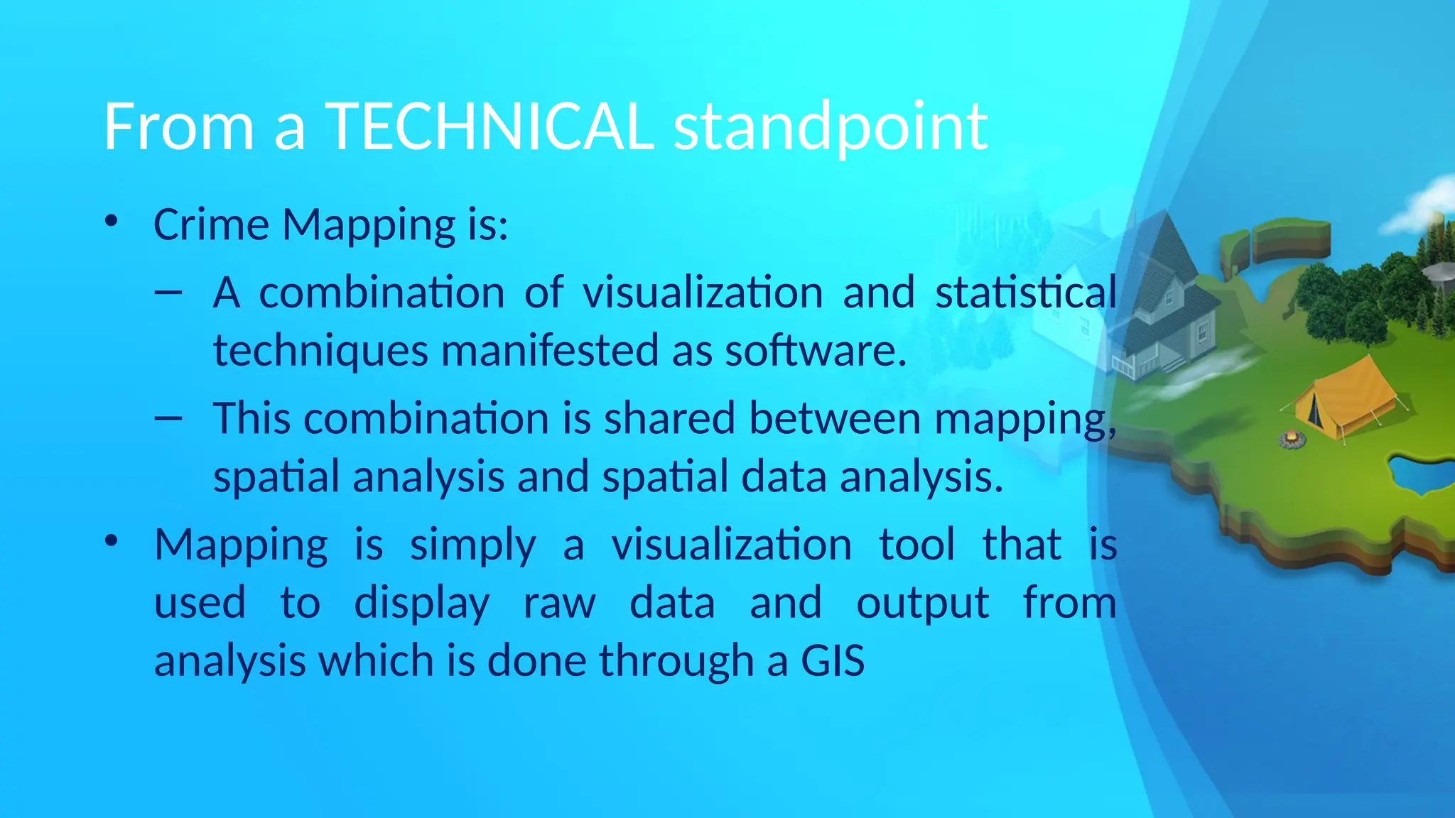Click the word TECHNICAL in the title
pyautogui.click(x=489, y=126)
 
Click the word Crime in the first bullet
pyautogui.click(x=211, y=225)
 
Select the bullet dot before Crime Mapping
pyautogui.click(x=110, y=222)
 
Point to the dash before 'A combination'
pyautogui.click(x=168, y=292)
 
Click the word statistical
pyautogui.click(x=1025, y=292)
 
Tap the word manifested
pyautogui.click(x=550, y=350)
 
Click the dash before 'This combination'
pyautogui.click(x=168, y=418)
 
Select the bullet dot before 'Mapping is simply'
pyautogui.click(x=110, y=541)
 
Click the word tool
pyautogui.click(x=916, y=545)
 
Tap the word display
pyautogui.click(x=421, y=604)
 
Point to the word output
pyautogui.click(x=921, y=604)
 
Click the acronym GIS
pyautogui.click(x=833, y=661)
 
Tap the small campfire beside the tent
pyautogui.click(x=1292, y=440)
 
